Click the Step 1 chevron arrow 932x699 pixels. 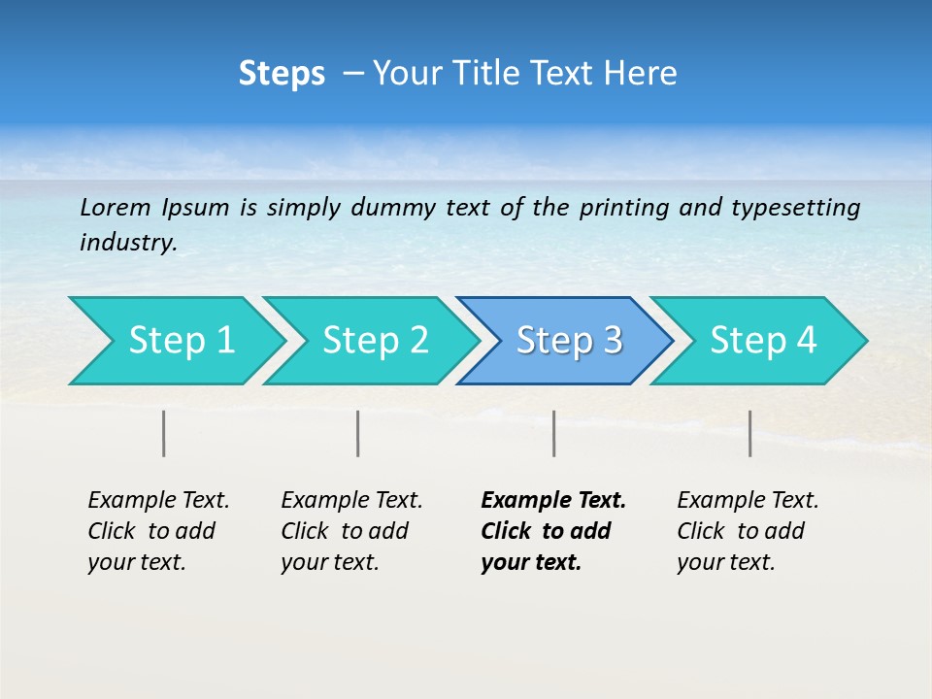[175, 341]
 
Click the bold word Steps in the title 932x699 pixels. [282, 74]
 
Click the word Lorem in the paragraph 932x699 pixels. [116, 207]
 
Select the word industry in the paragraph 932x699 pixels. [128, 243]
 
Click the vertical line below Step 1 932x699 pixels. [164, 433]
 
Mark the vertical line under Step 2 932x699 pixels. [358, 433]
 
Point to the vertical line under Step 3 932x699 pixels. [553, 433]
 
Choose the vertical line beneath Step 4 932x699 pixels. [749, 433]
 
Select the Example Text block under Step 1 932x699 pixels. [157, 531]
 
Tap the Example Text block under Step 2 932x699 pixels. [350, 531]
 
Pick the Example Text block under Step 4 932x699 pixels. [747, 531]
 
